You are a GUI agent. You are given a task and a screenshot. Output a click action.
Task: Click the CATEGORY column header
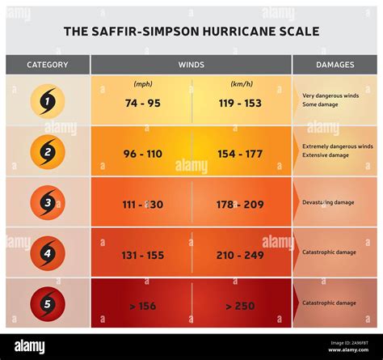47,65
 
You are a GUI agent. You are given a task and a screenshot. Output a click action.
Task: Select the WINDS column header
191,65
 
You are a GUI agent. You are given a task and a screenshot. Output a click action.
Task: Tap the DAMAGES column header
335,65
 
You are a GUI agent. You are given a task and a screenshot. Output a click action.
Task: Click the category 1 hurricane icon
47,101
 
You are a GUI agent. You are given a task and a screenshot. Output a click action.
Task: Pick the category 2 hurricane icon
47,151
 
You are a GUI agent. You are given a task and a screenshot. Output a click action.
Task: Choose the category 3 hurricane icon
47,202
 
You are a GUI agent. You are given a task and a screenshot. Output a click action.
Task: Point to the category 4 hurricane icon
47,252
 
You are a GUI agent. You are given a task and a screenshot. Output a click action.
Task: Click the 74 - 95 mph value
142,103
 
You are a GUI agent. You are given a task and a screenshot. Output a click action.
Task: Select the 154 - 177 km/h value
241,154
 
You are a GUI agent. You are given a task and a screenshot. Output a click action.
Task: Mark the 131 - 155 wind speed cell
142,255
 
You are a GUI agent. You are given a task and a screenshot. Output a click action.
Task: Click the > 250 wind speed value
241,305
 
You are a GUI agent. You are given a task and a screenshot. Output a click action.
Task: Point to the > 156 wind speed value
142,305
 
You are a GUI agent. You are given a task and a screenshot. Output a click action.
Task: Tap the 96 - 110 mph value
142,154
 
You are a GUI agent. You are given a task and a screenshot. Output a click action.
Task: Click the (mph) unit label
142,83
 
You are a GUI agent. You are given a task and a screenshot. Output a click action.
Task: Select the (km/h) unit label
241,83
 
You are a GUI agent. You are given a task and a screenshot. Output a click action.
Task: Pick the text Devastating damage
329,202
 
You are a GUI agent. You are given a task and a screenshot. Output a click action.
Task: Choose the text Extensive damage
326,155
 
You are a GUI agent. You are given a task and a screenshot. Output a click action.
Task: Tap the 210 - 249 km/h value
241,255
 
